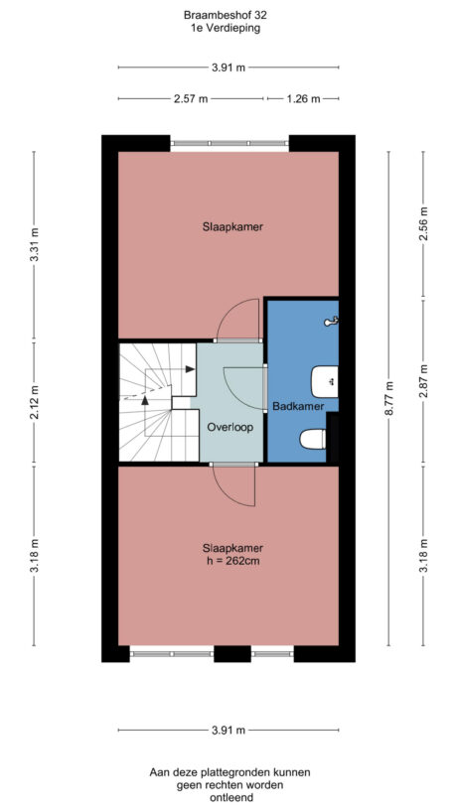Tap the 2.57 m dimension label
point(191,99)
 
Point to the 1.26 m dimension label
point(302,99)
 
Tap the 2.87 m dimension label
point(423,383)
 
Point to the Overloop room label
point(229,427)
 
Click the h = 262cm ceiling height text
point(230,563)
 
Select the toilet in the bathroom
point(314,438)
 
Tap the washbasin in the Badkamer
point(325,381)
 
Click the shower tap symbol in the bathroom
point(335,320)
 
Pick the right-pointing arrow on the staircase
point(189,368)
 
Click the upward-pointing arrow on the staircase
point(145,401)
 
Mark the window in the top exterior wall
point(228,144)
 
